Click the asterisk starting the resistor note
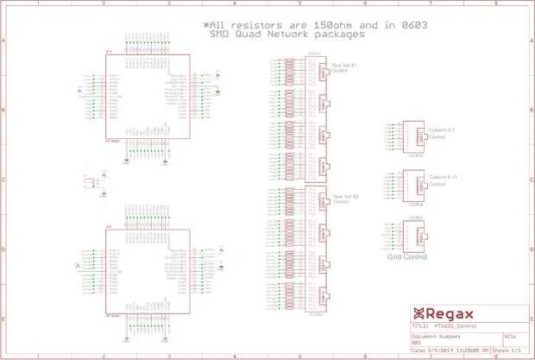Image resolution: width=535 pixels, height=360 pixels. [x=206, y=26]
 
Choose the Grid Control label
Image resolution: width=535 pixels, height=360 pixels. [x=408, y=257]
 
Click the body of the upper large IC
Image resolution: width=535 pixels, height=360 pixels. [x=147, y=97]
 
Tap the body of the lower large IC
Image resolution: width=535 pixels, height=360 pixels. [x=147, y=271]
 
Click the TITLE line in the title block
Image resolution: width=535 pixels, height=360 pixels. [x=444, y=326]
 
